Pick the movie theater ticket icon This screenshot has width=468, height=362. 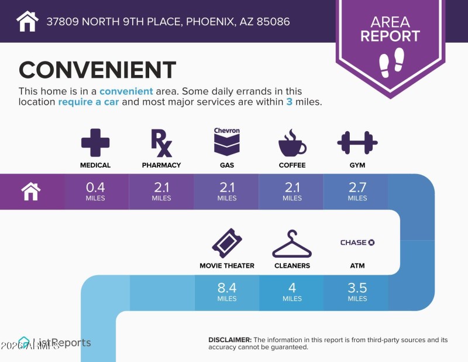pyautogui.click(x=227, y=243)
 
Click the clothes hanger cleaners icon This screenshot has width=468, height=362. pyautogui.click(x=292, y=244)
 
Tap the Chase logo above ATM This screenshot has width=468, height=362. pyautogui.click(x=357, y=243)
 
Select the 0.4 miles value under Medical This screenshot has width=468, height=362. pyautogui.click(x=95, y=187)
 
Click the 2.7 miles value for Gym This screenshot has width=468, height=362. pyautogui.click(x=357, y=187)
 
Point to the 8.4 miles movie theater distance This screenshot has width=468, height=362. pyautogui.click(x=227, y=288)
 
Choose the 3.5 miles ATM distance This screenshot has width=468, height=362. pyautogui.click(x=357, y=288)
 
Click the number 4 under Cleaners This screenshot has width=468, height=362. pyautogui.click(x=292, y=288)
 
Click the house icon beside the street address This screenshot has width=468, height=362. pyautogui.click(x=27, y=22)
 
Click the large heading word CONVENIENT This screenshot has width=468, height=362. pyautogui.click(x=97, y=70)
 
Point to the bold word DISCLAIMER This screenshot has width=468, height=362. pyautogui.click(x=230, y=340)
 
